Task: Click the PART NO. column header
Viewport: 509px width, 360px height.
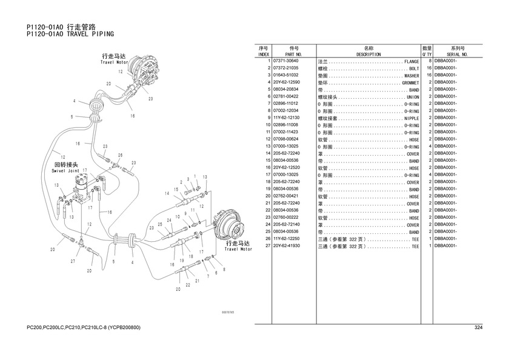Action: point(295,54)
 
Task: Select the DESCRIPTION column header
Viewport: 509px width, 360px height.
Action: point(368,54)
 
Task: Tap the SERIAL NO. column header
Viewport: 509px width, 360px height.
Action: point(457,54)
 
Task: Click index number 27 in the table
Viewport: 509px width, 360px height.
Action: point(266,247)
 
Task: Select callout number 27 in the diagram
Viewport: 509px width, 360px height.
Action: point(73,261)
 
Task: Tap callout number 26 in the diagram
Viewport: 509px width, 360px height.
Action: point(121,156)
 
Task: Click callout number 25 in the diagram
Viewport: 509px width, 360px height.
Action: point(159,224)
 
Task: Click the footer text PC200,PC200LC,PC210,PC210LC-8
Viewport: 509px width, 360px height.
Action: point(84,328)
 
